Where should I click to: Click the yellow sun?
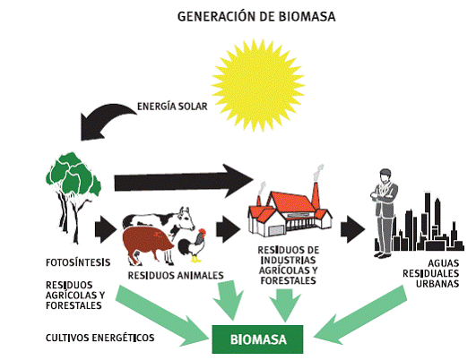[258, 86]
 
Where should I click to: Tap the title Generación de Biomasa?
[256, 17]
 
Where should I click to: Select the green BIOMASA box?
[257, 339]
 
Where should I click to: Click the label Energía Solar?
[172, 107]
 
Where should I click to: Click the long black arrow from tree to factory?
[184, 182]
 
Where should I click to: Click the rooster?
[192, 245]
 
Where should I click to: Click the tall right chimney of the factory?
[316, 195]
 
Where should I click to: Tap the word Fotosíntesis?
[78, 262]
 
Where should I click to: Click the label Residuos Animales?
[176, 276]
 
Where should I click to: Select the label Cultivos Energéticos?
[100, 338]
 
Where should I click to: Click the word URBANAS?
[437, 284]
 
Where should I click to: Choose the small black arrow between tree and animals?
[105, 229]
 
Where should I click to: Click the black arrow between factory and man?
[352, 229]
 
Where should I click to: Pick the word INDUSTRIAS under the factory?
[288, 261]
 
